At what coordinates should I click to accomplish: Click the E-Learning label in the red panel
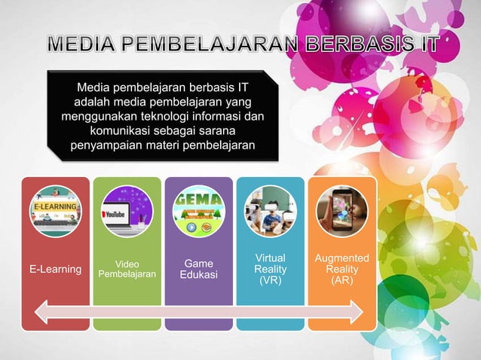coord(55,270)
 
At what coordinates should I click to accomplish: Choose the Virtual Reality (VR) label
coord(270,270)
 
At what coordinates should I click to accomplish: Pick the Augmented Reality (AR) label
coord(342,270)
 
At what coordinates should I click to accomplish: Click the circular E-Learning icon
coord(55,212)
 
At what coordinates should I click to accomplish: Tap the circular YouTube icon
coord(127,212)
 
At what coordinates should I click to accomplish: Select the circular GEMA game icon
coord(198,212)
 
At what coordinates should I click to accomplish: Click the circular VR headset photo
coord(270,212)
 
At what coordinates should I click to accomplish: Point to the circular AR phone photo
coord(342,212)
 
